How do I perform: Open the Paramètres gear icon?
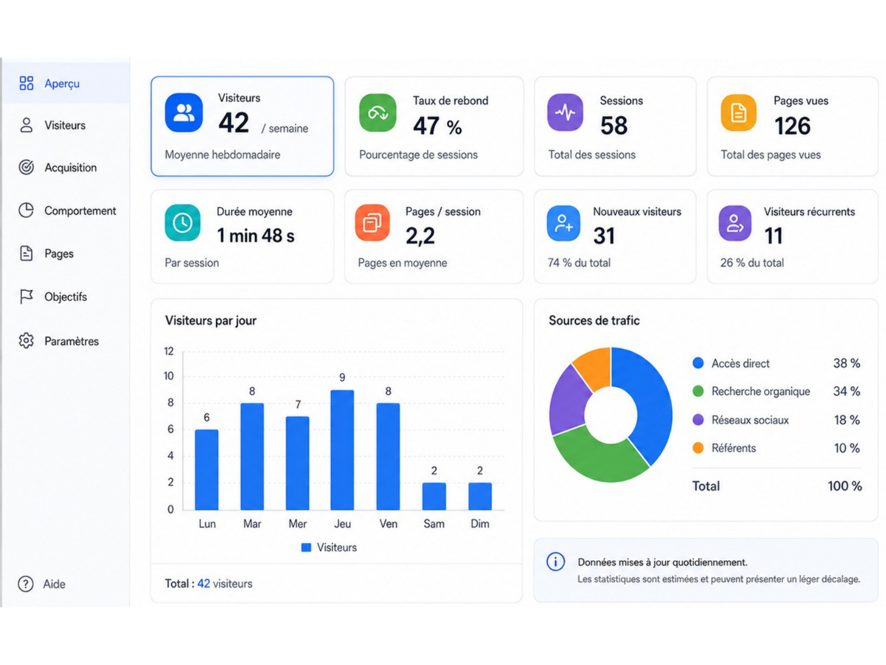tap(26, 341)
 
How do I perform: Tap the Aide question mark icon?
tap(26, 584)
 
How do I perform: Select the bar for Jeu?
tap(342, 450)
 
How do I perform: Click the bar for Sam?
tap(434, 496)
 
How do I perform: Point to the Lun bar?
tap(207, 469)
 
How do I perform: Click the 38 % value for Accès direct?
tap(847, 363)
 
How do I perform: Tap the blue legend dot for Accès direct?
tap(698, 363)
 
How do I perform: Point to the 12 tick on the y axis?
tap(169, 351)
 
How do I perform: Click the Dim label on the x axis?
tap(480, 524)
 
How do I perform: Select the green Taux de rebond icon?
tap(378, 112)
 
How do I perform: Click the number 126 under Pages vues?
tap(792, 126)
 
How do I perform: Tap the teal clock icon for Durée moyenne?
tap(182, 223)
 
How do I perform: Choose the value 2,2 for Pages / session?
tap(420, 236)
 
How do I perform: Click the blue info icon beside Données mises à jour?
tap(555, 561)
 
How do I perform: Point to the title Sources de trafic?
tap(594, 321)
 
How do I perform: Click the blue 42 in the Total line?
tap(203, 584)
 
